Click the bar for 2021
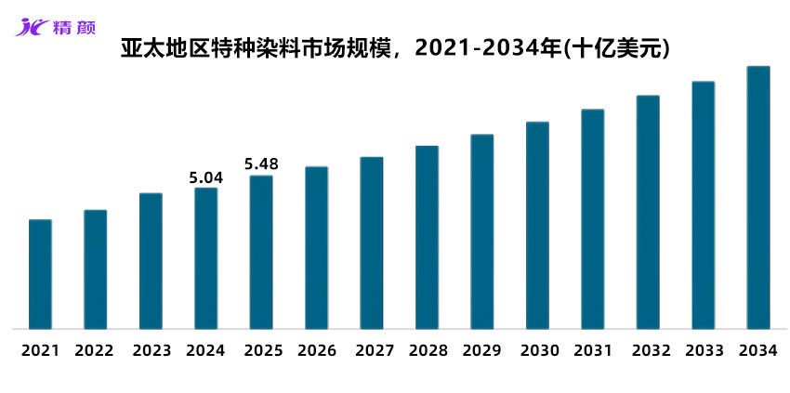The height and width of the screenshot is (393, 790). [40, 274]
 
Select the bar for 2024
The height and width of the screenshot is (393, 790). [205, 258]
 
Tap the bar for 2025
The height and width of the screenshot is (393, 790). [261, 252]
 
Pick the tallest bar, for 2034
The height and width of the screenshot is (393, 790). [758, 197]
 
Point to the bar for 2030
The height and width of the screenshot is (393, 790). [537, 225]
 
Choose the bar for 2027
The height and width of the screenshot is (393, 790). [372, 242]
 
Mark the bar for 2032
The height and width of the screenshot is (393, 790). [648, 212]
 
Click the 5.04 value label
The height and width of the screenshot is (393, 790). [205, 177]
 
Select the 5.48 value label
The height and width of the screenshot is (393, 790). [261, 164]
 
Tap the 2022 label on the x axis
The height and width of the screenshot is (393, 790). [94, 351]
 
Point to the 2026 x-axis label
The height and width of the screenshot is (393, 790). [316, 351]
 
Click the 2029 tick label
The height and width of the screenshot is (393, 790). [482, 351]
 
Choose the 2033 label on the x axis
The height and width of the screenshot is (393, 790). [704, 351]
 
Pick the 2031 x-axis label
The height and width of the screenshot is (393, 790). [593, 351]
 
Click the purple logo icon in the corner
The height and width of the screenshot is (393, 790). [30, 25]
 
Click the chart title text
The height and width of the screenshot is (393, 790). [395, 48]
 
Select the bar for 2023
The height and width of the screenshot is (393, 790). [151, 261]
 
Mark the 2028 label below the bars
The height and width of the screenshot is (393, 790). [427, 351]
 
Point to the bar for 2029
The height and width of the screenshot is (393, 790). [481, 231]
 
